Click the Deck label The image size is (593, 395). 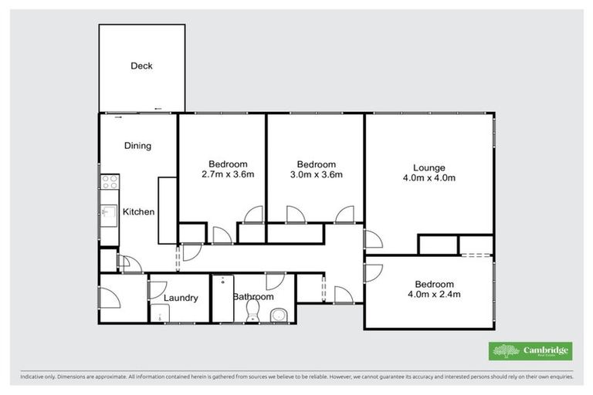[x=141, y=66]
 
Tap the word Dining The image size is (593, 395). [x=137, y=146]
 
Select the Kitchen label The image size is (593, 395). [x=139, y=212]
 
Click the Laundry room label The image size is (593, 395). [x=181, y=298]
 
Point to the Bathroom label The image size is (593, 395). [x=253, y=297]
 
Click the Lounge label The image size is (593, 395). [x=429, y=167]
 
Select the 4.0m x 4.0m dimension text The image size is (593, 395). [x=429, y=178]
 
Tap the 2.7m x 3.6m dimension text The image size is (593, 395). [x=228, y=174]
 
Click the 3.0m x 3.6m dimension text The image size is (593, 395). [x=317, y=174]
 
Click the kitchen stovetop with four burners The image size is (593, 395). [x=109, y=183]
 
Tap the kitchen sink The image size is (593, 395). [x=109, y=214]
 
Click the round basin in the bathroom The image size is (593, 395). [x=279, y=315]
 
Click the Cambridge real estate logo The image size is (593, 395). [x=530, y=351]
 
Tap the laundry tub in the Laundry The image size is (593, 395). [x=161, y=313]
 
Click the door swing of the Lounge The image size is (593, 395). [x=372, y=239]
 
